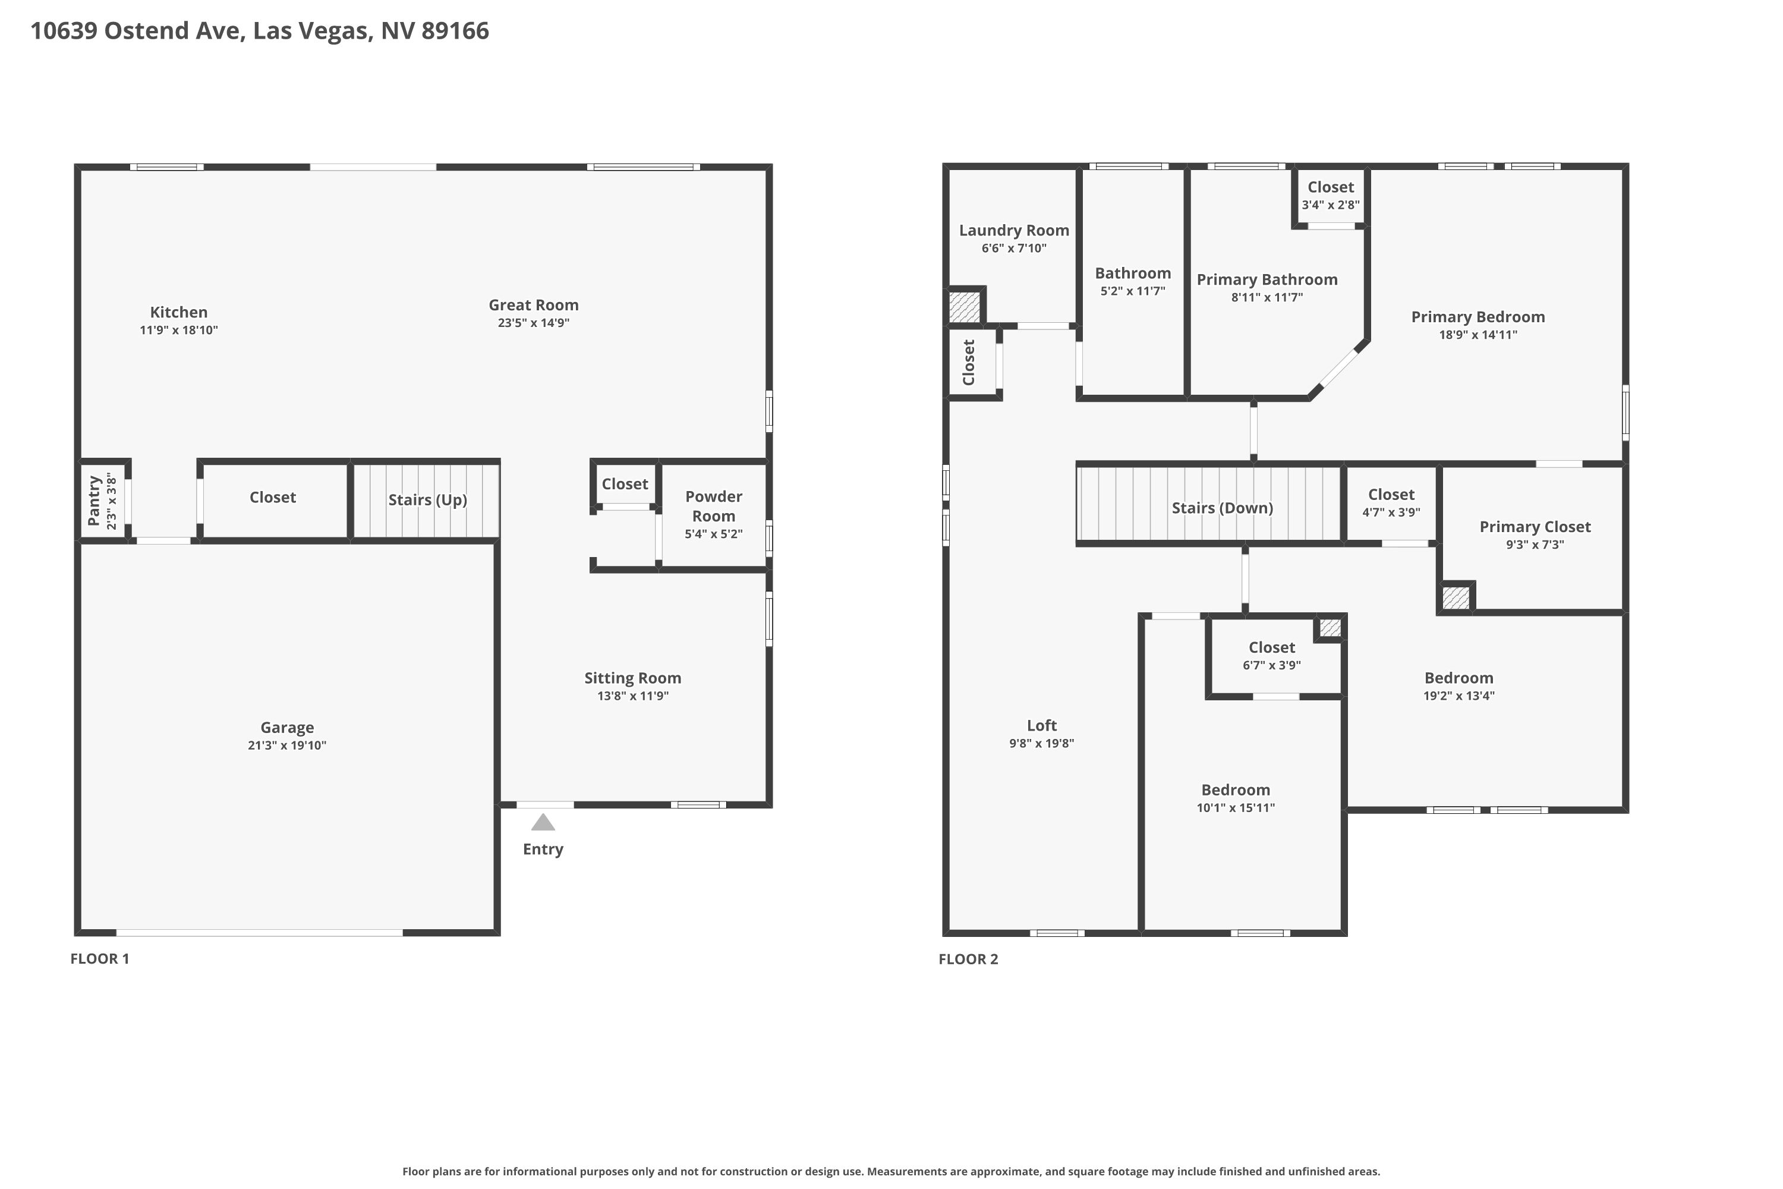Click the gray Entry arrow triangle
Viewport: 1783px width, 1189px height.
pos(543,822)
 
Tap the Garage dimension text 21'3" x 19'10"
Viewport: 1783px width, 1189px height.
pos(287,746)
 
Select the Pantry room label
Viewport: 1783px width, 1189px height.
pos(94,501)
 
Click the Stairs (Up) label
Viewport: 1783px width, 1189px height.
pos(427,500)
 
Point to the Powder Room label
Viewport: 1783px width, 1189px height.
pos(713,506)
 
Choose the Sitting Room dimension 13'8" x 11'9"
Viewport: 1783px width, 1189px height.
pos(633,696)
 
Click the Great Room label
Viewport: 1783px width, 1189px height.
pos(534,305)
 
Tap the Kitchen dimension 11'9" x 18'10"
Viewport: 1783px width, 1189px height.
pos(179,330)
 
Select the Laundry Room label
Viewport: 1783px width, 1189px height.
pos(1015,231)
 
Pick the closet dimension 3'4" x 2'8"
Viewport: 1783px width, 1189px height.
pos(1331,205)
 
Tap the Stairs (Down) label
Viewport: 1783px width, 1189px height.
pos(1223,508)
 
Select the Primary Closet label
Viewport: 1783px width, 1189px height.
pos(1535,527)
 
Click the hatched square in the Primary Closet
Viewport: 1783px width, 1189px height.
pos(1456,597)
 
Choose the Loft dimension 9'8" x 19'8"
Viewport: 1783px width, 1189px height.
pos(1042,743)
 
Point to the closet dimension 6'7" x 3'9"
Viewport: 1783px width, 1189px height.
pos(1272,665)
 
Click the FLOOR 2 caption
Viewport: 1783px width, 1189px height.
pos(968,960)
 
